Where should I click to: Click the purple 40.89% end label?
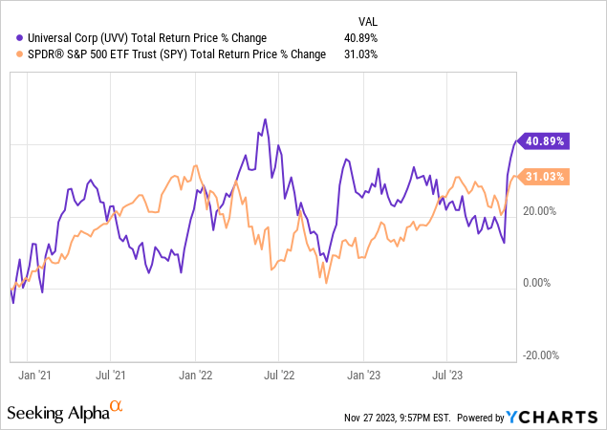click(x=543, y=140)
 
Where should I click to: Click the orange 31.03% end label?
click(x=543, y=177)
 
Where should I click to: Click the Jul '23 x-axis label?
click(x=449, y=376)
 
